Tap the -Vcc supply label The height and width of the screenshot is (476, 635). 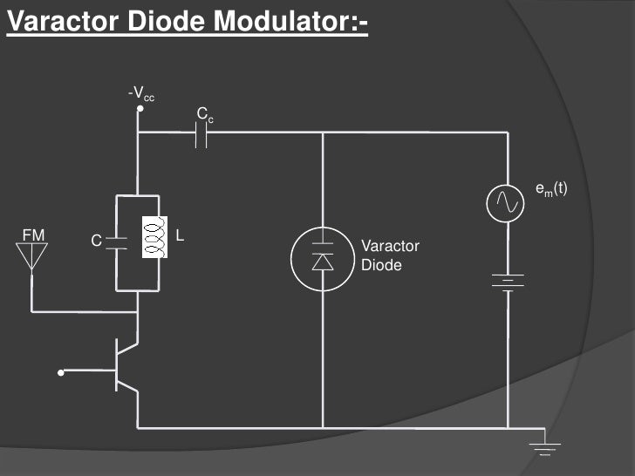[x=140, y=93]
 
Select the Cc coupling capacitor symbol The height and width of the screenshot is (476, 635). [x=202, y=133]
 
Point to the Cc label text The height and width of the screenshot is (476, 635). [x=203, y=115]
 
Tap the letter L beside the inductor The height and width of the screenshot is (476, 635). [x=179, y=235]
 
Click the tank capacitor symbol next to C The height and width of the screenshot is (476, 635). [x=117, y=242]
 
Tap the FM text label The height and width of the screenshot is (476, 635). [x=32, y=234]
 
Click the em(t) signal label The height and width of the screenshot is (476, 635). [x=551, y=187]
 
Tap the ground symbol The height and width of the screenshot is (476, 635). [x=545, y=446]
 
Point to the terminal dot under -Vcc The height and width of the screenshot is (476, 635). [x=140, y=111]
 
